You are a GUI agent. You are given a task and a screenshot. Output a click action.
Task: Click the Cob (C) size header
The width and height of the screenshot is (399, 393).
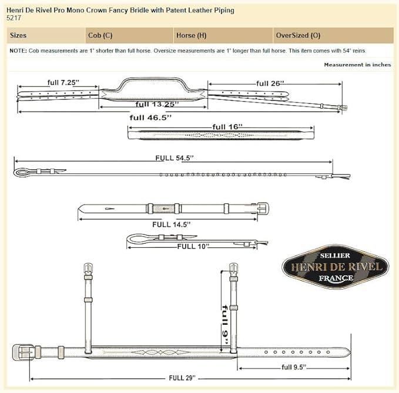tap(100, 35)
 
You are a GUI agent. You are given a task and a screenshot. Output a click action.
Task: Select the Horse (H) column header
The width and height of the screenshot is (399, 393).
tap(191, 35)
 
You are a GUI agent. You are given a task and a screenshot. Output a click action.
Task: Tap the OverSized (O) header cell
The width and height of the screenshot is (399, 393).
tap(298, 35)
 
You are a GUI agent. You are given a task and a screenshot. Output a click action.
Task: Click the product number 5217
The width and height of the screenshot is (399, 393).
tap(14, 18)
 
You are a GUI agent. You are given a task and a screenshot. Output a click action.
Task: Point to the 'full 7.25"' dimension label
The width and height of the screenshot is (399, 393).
tap(63, 82)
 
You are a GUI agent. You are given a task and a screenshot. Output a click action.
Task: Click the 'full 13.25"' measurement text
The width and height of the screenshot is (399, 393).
tap(157, 104)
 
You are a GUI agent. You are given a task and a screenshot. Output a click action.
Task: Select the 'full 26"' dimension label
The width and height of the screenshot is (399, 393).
tap(270, 83)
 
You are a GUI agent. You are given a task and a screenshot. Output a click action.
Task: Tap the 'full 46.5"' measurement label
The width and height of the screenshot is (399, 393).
tap(150, 117)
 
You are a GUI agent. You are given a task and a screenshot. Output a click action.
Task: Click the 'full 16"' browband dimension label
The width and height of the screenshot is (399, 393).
tap(227, 127)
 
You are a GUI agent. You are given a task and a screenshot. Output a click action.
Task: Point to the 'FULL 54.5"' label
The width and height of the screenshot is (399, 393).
tap(175, 158)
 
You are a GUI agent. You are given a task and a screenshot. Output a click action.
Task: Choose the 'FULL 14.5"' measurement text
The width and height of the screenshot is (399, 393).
tap(171, 224)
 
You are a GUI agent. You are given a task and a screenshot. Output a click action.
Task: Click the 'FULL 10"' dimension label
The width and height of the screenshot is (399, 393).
tap(193, 246)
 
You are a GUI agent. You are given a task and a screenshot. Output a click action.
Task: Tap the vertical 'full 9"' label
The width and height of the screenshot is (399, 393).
tap(225, 324)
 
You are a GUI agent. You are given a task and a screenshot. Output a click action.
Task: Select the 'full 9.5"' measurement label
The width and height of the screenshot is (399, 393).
tap(294, 367)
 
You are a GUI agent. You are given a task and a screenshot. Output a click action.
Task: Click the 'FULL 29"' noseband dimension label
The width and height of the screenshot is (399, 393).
tap(182, 378)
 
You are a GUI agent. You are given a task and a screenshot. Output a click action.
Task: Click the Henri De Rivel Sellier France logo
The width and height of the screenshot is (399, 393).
tap(336, 267)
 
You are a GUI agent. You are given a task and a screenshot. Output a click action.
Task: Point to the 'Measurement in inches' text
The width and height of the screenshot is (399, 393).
tap(357, 65)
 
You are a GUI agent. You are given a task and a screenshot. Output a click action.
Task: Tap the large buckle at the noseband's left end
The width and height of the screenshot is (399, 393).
tap(23, 352)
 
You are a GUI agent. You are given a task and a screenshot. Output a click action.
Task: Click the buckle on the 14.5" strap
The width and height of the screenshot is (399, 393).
tap(263, 209)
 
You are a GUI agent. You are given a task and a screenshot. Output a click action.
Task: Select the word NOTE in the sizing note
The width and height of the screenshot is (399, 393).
tap(18, 51)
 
